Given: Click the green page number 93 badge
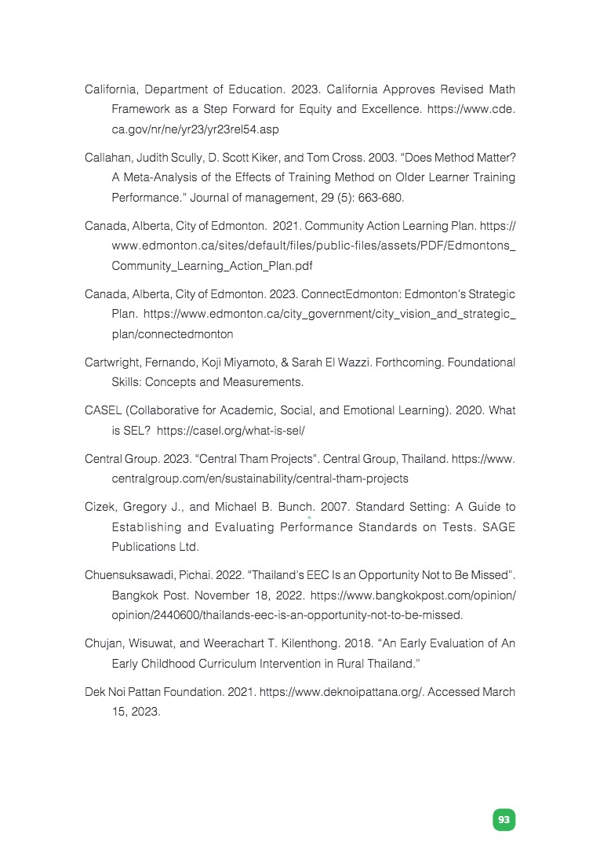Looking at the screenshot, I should tap(504, 820).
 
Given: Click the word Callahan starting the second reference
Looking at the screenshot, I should tap(108, 158).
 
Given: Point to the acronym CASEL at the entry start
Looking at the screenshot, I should tap(103, 410).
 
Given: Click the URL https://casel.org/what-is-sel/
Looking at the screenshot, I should tap(231, 431).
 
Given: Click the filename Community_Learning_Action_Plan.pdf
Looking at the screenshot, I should tap(213, 266).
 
